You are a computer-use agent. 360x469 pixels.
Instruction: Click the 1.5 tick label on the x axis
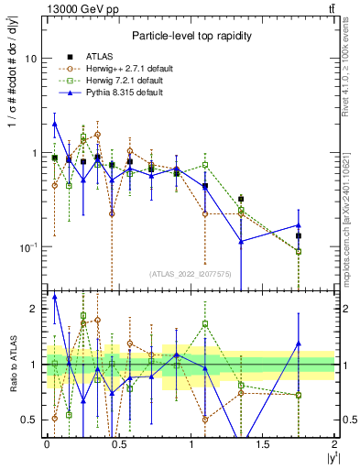point(263,444)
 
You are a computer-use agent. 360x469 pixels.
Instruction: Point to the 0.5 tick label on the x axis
point(118,444)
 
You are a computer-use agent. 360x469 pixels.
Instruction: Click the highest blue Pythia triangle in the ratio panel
point(55,297)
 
